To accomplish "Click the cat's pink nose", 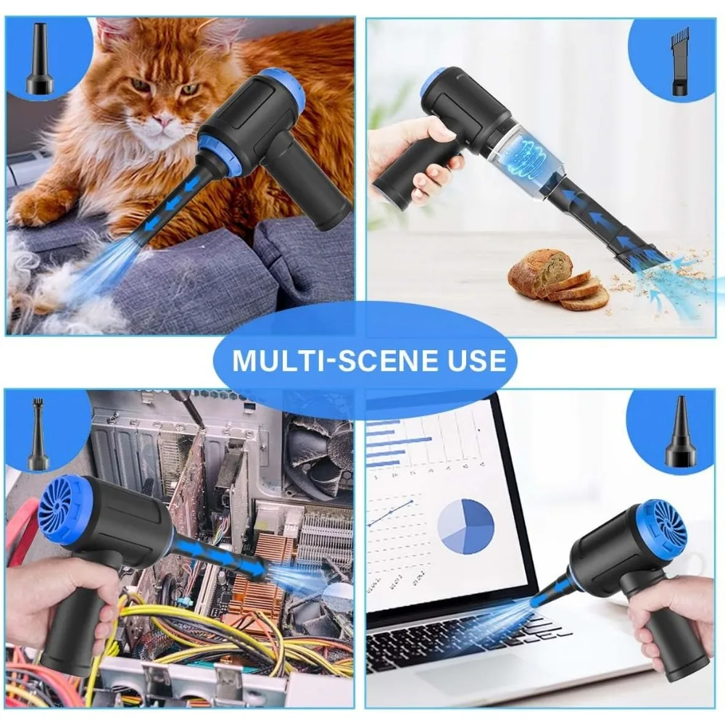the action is pos(162,121).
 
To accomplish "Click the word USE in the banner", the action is pos(465,360).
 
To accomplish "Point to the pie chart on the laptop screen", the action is pos(466,526).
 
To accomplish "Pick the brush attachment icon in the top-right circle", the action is pos(680,61).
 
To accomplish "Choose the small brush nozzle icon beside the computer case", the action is pos(38,434).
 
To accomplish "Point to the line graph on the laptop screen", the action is pos(390,513).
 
